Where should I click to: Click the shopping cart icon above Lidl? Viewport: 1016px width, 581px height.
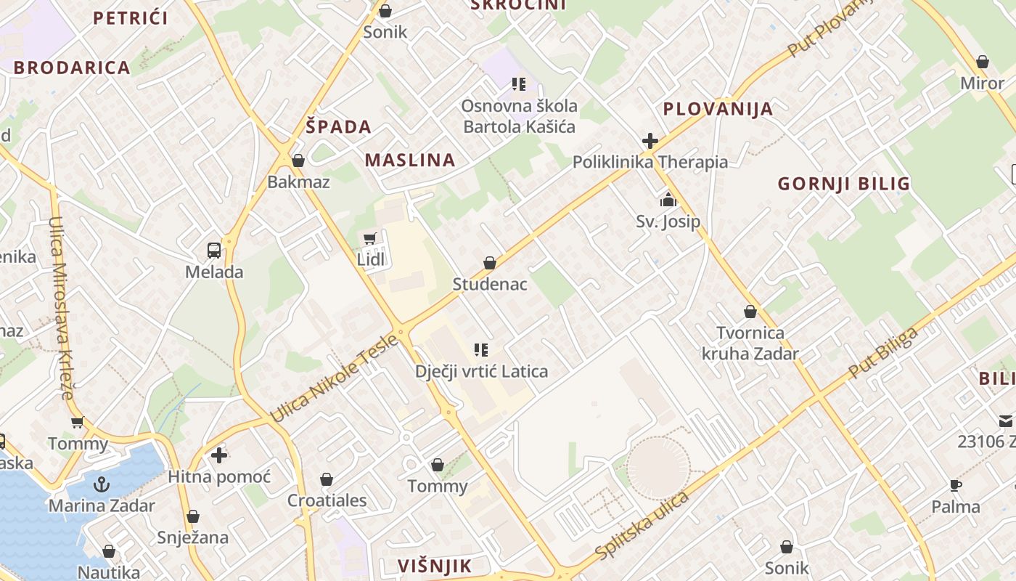(370, 238)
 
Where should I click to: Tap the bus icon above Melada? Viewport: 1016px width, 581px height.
(214, 251)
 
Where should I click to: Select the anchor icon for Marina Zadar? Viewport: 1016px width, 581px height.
(102, 484)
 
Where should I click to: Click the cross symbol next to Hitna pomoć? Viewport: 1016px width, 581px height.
(219, 455)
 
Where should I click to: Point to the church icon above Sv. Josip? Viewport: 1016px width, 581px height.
(668, 200)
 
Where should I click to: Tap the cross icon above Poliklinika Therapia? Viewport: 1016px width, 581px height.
(650, 140)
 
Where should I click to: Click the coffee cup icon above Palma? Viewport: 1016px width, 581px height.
(956, 485)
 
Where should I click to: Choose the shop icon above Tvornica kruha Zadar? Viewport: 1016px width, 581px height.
(750, 312)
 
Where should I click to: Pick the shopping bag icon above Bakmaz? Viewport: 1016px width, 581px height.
(298, 161)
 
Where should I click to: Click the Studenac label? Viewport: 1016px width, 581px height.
(490, 284)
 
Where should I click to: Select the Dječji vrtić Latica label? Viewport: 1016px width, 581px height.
(481, 372)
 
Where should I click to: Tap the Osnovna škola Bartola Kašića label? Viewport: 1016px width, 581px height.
(519, 116)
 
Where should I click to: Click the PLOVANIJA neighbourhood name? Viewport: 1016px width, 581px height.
(718, 110)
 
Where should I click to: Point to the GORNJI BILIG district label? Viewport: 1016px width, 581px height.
(844, 184)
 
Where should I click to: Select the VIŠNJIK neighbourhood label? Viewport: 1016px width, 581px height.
(435, 566)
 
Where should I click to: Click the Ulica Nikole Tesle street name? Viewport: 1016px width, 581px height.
(334, 378)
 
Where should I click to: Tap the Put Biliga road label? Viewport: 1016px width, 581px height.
(882, 353)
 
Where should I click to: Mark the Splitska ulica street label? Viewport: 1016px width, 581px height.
(642, 527)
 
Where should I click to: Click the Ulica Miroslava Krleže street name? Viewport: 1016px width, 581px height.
(62, 308)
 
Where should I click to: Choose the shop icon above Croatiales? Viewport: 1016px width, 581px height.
(327, 479)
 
